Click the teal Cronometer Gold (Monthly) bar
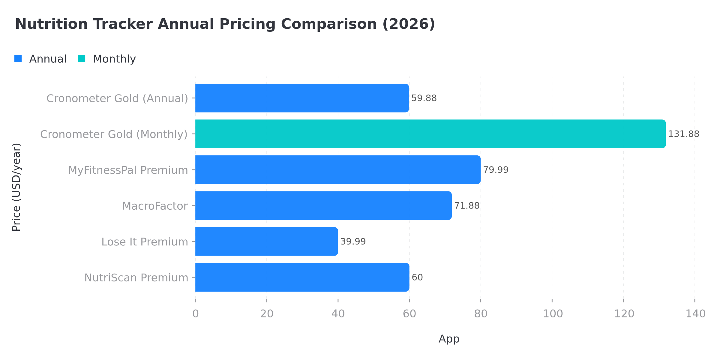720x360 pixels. [x=430, y=134]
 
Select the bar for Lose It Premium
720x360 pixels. [x=266, y=241]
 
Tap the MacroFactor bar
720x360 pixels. [x=323, y=205]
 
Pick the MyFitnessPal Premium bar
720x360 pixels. [x=338, y=170]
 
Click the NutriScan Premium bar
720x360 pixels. [x=302, y=277]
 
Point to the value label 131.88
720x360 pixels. [x=683, y=134]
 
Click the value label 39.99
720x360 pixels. [x=353, y=241]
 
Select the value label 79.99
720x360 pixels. [x=496, y=170]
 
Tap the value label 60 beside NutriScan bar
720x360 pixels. [x=417, y=277]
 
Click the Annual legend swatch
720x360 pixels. [x=18, y=59]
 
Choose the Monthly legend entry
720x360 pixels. [x=114, y=59]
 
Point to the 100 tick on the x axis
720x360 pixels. [x=553, y=314]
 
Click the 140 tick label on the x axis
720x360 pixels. [x=695, y=314]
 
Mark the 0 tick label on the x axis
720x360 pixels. [x=195, y=314]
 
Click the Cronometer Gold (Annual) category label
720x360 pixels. [x=117, y=98]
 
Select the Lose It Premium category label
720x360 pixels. [x=144, y=242]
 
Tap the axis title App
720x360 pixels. [x=449, y=339]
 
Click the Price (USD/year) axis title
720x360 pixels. [x=16, y=187]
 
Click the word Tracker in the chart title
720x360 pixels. [x=123, y=24]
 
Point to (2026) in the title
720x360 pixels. [x=408, y=24]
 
